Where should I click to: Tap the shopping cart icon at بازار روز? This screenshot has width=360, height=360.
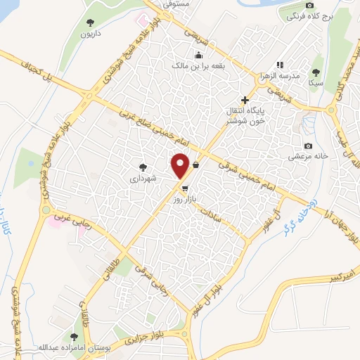pyautogui.click(x=184, y=188)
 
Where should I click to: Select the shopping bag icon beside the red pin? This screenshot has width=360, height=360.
pyautogui.click(x=195, y=164)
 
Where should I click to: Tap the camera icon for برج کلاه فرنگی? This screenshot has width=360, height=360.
pyautogui.click(x=309, y=5)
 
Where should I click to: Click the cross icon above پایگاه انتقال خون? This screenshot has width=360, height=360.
pyautogui.click(x=245, y=100)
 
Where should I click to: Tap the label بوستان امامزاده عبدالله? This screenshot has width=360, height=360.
pyautogui.click(x=72, y=349)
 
